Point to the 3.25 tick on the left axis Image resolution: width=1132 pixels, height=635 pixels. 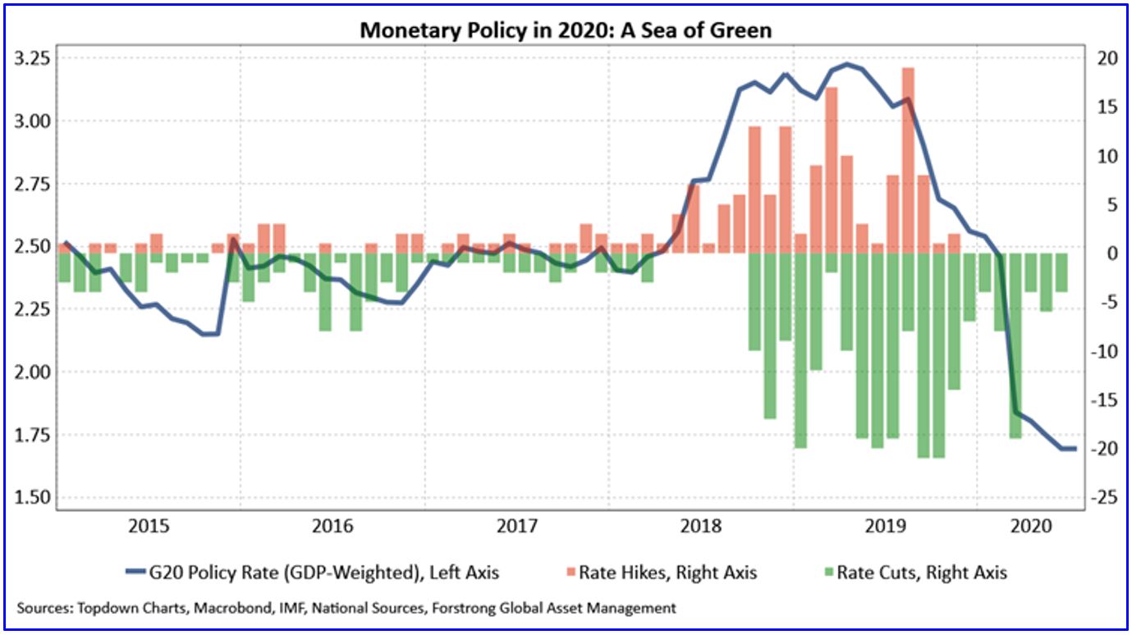pyautogui.click(x=30, y=59)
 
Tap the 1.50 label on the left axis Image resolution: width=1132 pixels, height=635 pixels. pyautogui.click(x=30, y=497)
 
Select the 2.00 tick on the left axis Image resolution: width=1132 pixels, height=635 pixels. pyautogui.click(x=30, y=372)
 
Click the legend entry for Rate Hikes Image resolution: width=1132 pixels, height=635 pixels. pyautogui.click(x=667, y=572)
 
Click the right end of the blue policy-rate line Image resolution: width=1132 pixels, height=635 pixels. pyautogui.click(x=1075, y=448)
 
